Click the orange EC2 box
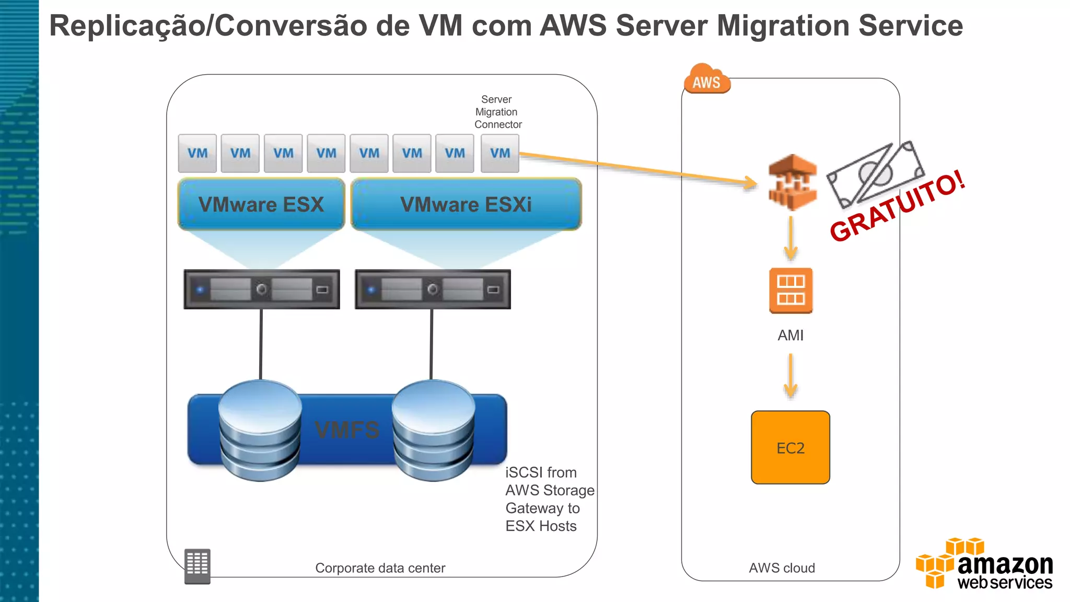[x=790, y=447]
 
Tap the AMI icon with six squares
[x=790, y=291]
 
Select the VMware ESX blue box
[x=261, y=204]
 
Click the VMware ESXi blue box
[x=466, y=204]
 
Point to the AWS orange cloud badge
[x=706, y=80]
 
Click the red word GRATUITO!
[x=897, y=206]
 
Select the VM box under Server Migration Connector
[x=499, y=153]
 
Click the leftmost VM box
[x=197, y=153]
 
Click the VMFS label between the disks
[x=347, y=430]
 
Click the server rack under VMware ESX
[x=261, y=290]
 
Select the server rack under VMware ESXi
[x=433, y=290]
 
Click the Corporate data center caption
[x=380, y=568]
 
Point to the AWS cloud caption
[x=782, y=568]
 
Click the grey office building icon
[x=197, y=566]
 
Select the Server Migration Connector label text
[x=497, y=112]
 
